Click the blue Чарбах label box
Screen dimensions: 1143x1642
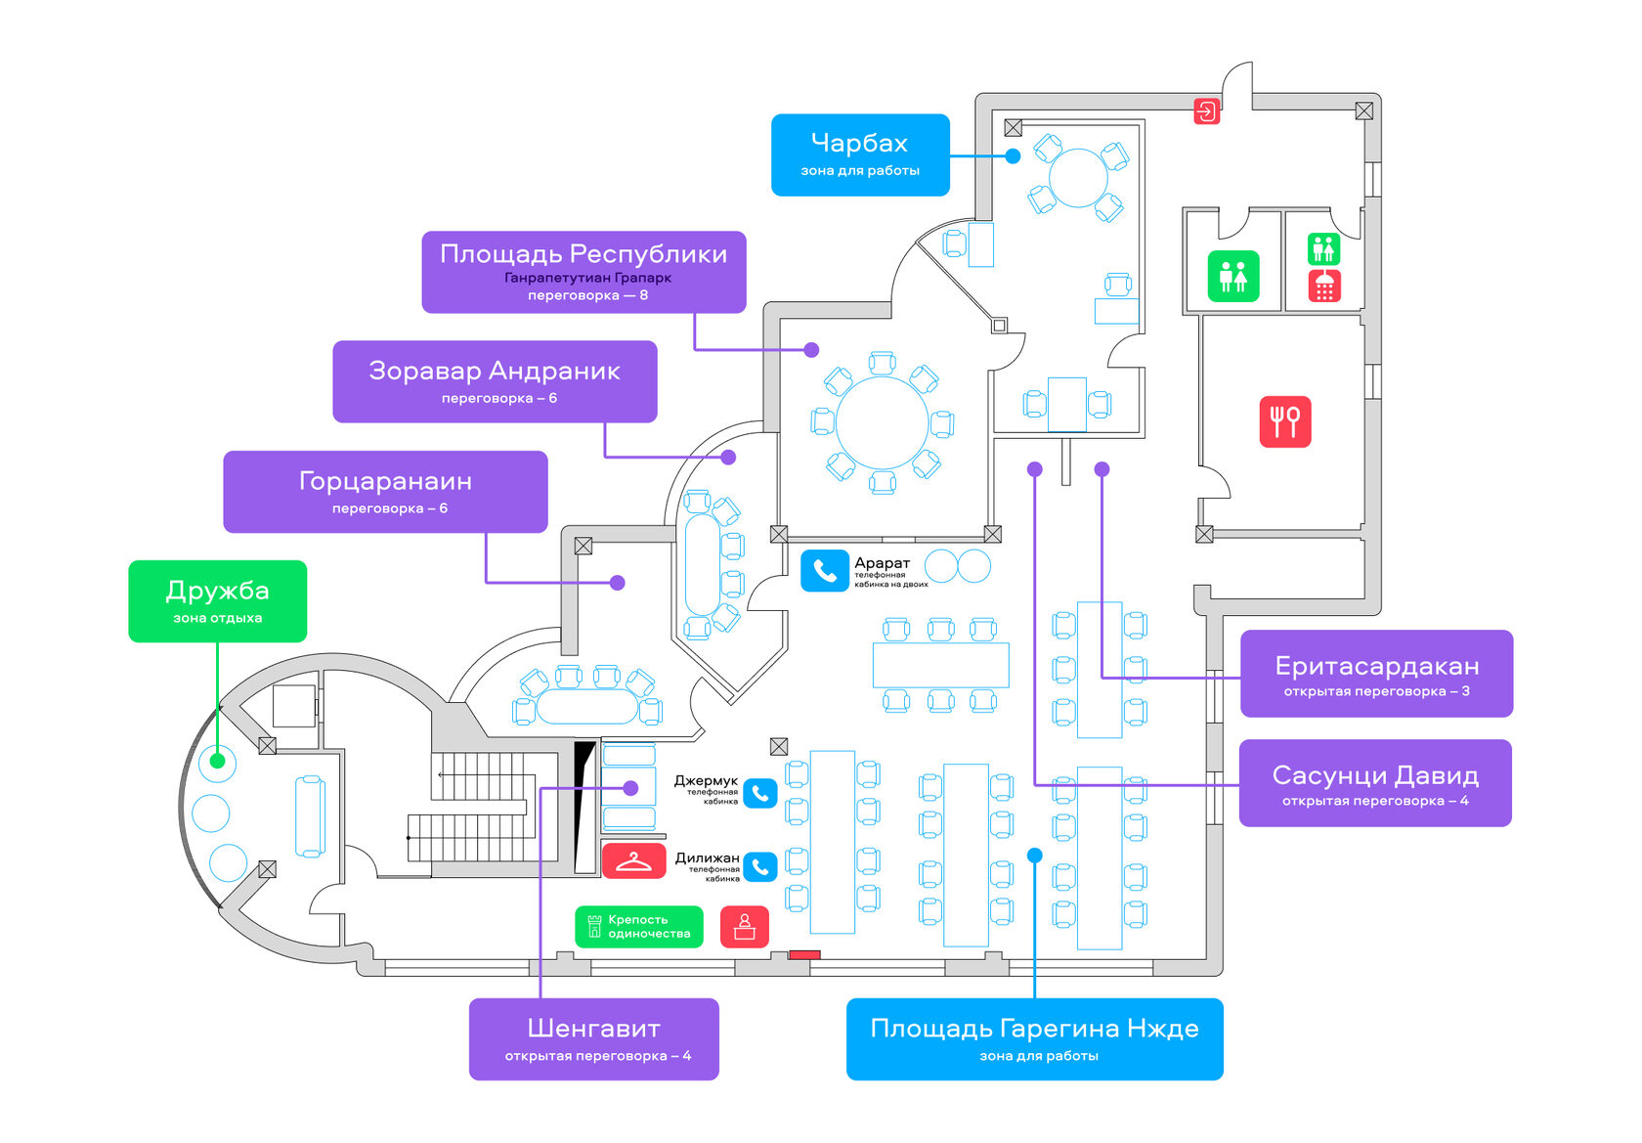[x=860, y=154]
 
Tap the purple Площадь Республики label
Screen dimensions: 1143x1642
[x=583, y=272]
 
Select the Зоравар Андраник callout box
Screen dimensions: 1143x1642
[x=495, y=381]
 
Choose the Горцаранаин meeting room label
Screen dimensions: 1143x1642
[x=385, y=491]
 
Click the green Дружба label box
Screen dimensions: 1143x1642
[x=217, y=600]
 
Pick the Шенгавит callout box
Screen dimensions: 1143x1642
[x=593, y=1038]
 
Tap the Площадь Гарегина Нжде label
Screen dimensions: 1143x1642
[x=1034, y=1038]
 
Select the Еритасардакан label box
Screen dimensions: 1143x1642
[x=1376, y=674]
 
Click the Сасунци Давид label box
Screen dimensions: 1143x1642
[x=1375, y=783]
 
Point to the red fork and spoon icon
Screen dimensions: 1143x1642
[x=1284, y=421]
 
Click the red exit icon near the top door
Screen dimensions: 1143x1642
[x=1207, y=110]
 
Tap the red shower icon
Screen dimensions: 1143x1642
[x=1324, y=286]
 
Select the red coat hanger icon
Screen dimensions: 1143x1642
[x=633, y=861]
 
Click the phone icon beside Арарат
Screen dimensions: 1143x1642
[x=824, y=571]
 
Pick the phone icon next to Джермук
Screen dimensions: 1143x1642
[x=760, y=793]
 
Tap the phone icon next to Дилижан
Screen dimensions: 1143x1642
[x=760, y=867]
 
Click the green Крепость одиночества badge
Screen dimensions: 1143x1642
[x=638, y=926]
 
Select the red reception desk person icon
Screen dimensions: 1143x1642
[x=745, y=926]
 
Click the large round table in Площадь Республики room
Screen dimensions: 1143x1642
[x=882, y=422]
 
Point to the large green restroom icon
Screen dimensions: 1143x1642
[x=1233, y=277]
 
